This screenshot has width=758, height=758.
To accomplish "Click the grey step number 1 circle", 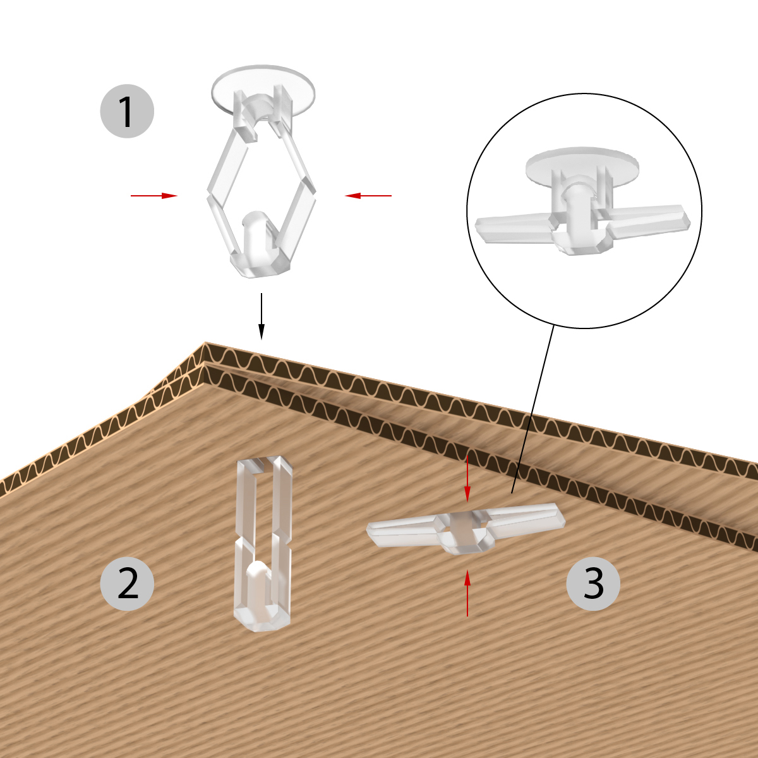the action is coord(127,111).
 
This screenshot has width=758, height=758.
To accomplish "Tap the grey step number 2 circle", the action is coord(127,584).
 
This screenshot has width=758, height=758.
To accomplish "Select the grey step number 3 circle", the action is coord(593,584).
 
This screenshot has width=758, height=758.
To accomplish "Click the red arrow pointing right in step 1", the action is coord(154,195).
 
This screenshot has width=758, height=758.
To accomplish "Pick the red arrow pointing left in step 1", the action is coord(368,195).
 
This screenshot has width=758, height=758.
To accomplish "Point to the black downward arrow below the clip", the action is coord(261,316).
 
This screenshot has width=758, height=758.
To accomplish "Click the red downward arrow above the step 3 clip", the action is coord(467,479).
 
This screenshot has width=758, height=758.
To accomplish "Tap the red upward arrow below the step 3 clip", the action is coord(467,593).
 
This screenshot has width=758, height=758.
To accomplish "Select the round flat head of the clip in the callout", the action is coord(582,166).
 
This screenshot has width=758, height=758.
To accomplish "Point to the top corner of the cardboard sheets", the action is coord(205,342).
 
